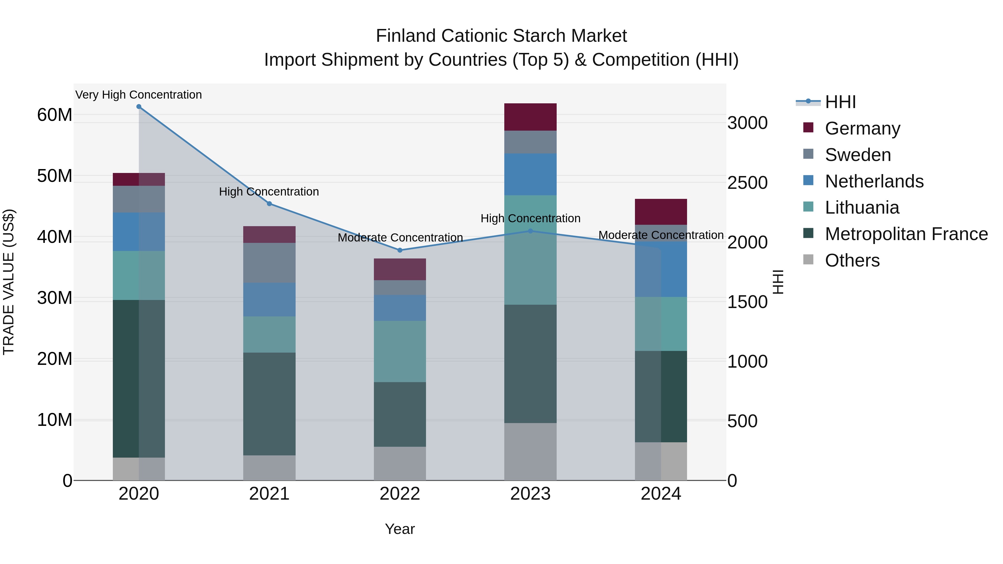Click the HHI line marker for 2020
(139, 107)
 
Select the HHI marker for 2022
(400, 250)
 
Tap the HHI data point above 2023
(530, 231)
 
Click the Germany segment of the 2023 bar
(530, 117)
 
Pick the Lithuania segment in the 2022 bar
(400, 351)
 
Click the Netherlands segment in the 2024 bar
(661, 269)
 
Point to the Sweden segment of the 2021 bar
(269, 263)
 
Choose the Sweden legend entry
(858, 155)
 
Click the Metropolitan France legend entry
(906, 234)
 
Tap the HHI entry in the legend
(840, 102)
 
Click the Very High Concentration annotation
(139, 95)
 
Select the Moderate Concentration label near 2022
(400, 237)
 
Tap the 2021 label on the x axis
(269, 494)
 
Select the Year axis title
(400, 529)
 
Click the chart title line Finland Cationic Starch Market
(501, 36)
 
